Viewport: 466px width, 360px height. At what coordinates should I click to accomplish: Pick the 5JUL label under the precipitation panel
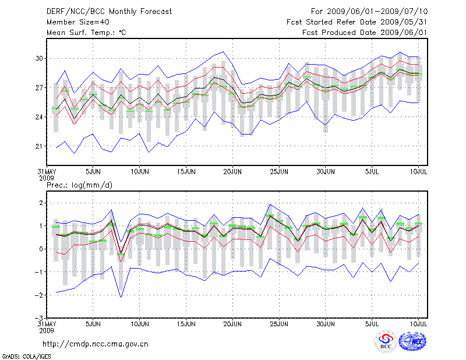(373, 323)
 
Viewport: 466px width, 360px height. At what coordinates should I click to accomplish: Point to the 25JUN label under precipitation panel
(280, 323)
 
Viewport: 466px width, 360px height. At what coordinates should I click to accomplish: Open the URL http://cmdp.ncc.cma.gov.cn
(96, 344)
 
